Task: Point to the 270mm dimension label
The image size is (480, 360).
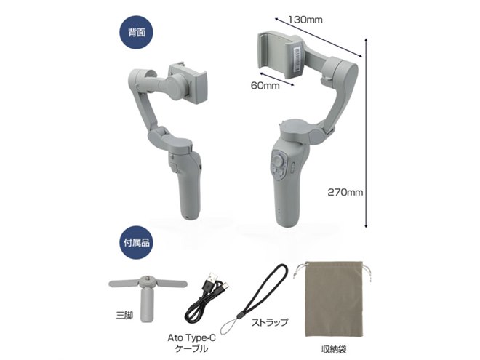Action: click(345, 193)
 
